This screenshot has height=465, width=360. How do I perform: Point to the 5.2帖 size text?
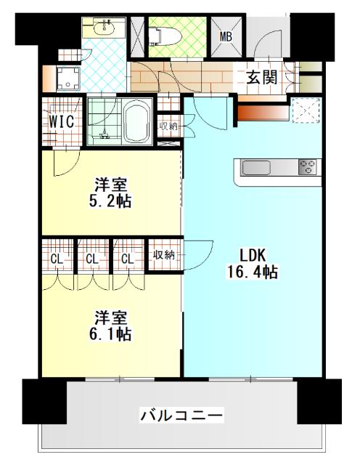pyautogui.click(x=111, y=201)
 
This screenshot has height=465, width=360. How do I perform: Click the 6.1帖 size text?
pyautogui.click(x=111, y=335)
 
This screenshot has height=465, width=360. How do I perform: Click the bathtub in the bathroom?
pyautogui.click(x=138, y=122)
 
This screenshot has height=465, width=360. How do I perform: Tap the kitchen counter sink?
pyautogui.click(x=256, y=168)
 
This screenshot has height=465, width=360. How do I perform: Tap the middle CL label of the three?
pyautogui.click(x=92, y=258)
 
